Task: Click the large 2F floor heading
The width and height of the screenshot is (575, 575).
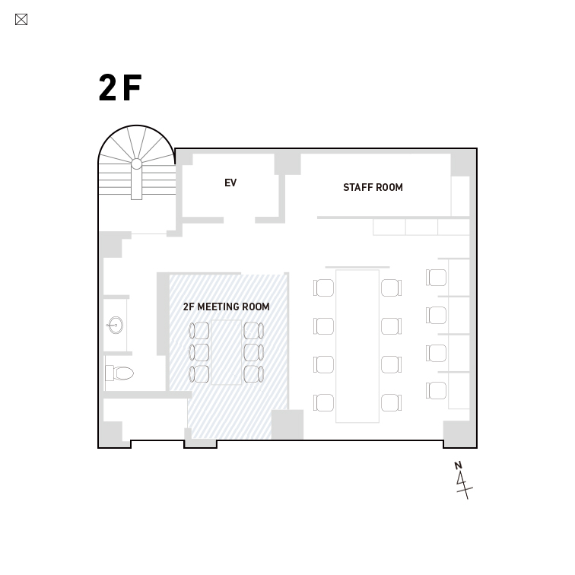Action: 120,87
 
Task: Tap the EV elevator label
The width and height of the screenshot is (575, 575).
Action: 230,183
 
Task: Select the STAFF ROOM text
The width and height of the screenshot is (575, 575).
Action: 373,187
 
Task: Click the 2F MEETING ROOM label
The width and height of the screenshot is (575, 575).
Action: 226,307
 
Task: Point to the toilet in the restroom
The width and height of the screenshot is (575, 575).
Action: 119,373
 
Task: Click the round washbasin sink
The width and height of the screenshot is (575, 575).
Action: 115,326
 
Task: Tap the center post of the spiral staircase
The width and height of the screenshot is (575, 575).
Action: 136,164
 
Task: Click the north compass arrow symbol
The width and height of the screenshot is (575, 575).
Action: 464,484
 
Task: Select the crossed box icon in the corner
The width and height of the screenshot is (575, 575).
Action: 21,20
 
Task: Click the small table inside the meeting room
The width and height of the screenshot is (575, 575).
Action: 227,352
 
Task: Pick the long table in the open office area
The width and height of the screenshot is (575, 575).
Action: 357,346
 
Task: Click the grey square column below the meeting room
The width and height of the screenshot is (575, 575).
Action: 287,424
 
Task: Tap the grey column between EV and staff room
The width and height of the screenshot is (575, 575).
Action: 287,164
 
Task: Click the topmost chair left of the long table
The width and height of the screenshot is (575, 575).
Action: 324,287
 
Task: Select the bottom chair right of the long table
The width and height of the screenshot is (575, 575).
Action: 391,402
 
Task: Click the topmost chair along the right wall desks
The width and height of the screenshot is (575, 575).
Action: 436,277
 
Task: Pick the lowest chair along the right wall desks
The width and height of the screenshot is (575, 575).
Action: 436,390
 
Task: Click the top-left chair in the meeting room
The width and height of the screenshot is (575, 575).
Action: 199,331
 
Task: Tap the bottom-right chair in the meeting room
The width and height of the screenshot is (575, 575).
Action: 254,374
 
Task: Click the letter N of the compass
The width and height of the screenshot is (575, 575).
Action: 458,465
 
